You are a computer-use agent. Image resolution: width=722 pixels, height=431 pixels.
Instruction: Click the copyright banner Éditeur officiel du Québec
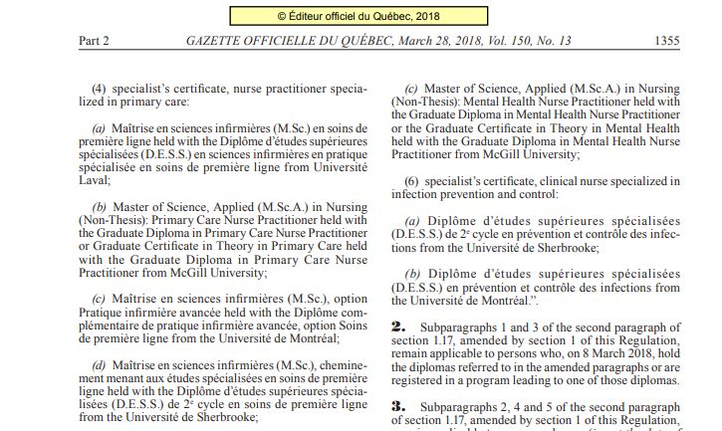pos(361,16)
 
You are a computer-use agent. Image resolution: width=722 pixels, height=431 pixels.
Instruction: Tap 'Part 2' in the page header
pos(94,41)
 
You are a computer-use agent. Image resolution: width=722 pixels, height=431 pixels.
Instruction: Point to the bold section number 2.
pos(398,325)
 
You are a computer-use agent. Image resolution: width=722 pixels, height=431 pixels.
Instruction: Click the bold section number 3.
pos(398,407)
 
